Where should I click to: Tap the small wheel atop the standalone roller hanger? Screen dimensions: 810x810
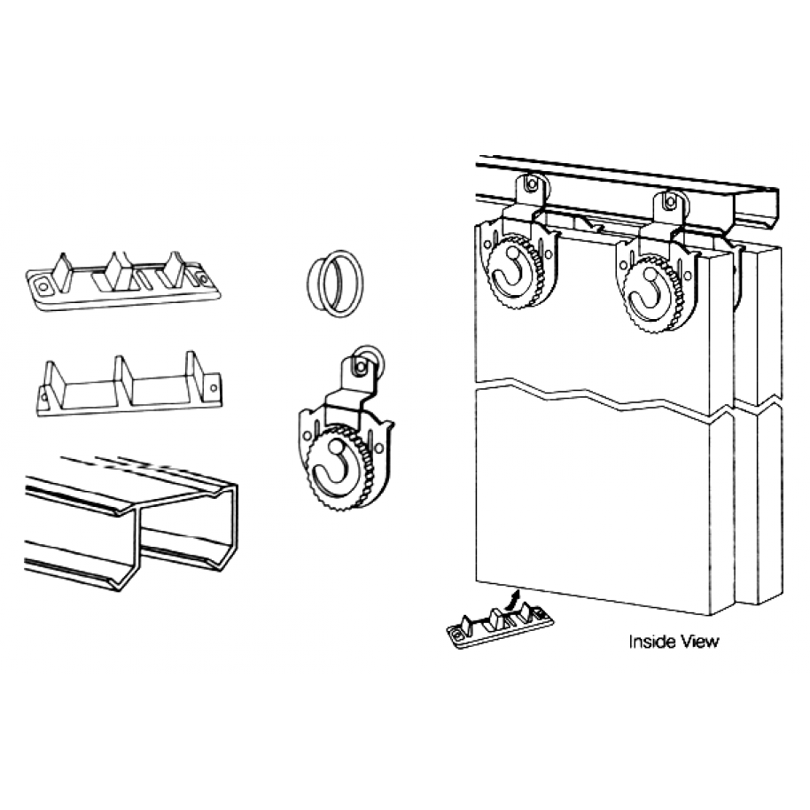pyautogui.click(x=362, y=363)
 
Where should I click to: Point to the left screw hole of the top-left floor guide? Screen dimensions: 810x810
pyautogui.click(x=41, y=286)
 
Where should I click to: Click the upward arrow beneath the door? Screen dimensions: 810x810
pyautogui.click(x=512, y=601)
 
